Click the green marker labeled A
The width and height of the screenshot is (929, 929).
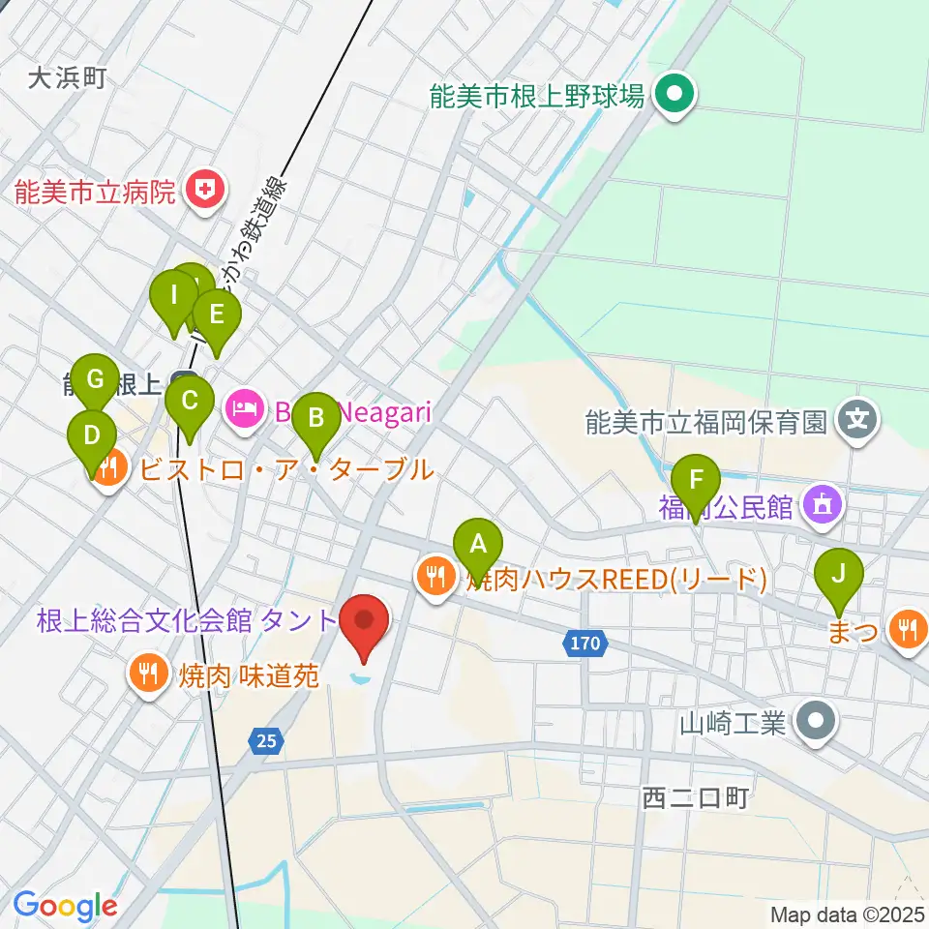[477, 545]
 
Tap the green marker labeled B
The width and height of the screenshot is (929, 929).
[315, 418]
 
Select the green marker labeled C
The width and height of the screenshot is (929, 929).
[190, 401]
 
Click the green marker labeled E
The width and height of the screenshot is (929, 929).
[216, 315]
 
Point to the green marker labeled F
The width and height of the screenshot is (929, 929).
[695, 480]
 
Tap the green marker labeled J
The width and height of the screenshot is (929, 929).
[839, 574]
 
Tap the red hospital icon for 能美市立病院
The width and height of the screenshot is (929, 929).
[205, 188]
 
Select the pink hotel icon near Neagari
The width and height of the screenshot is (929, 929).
[245, 410]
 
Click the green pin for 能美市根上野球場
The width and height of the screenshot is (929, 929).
[675, 95]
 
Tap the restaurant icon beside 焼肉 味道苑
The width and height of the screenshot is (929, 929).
[148, 671]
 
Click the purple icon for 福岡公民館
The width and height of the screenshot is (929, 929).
[823, 504]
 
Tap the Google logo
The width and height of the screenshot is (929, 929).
[65, 906]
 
